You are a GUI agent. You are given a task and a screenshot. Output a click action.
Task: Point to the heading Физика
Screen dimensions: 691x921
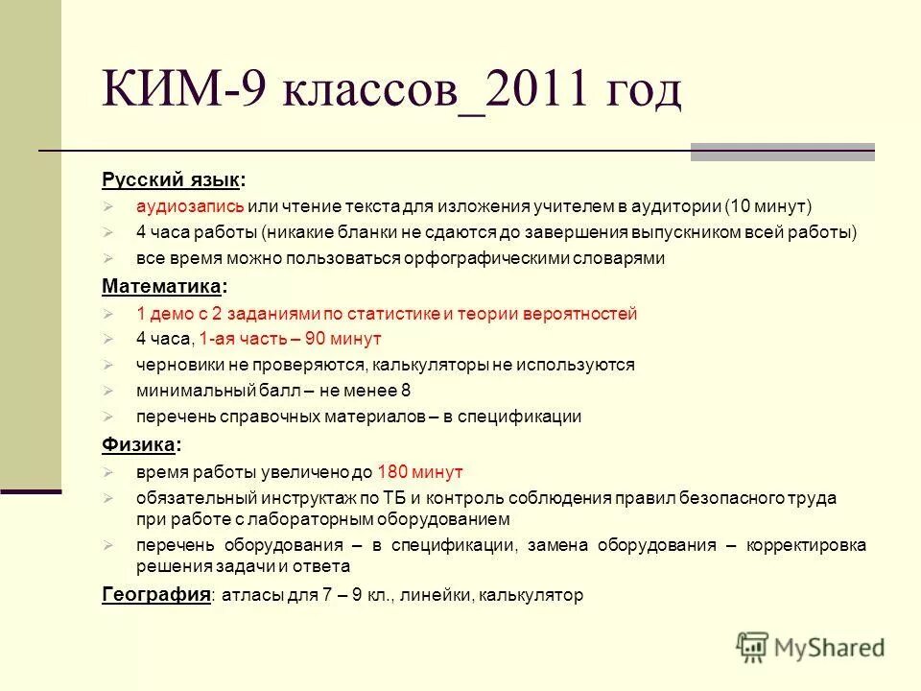(139, 444)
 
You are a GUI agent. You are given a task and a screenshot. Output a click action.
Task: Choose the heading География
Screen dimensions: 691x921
(155, 595)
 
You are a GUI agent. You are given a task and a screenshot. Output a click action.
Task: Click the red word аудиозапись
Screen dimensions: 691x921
(189, 206)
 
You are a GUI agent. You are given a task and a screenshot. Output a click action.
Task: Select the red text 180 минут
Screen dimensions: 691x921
(420, 472)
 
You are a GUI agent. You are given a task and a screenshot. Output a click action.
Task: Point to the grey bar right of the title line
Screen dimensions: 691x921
(782, 152)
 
